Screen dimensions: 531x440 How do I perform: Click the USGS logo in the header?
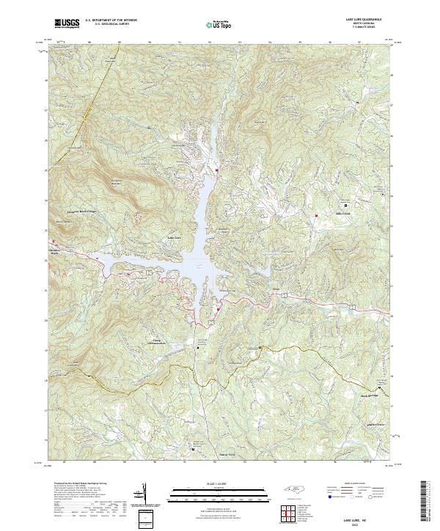coord(66,23)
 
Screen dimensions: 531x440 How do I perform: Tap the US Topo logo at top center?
coord(220,24)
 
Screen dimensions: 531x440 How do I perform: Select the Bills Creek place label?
coord(343,214)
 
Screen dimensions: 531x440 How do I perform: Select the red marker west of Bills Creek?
coord(315,215)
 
